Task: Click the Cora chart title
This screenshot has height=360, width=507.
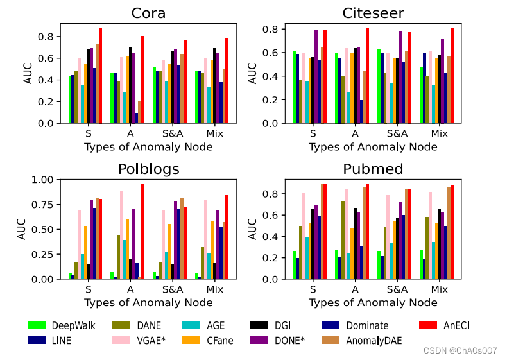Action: [x=149, y=13]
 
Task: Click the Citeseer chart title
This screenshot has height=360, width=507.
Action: [x=373, y=13]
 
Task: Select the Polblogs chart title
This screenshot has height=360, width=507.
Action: [x=149, y=169]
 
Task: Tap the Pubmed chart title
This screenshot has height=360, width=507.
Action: [x=373, y=169]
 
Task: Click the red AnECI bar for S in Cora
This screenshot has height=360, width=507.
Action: [x=100, y=76]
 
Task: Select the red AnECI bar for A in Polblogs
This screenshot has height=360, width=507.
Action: [x=142, y=231]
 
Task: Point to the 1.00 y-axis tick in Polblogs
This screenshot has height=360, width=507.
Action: [x=44, y=180]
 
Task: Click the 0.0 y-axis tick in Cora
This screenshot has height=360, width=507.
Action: [x=49, y=123]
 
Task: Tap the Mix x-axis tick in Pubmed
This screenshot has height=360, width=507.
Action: [x=439, y=289]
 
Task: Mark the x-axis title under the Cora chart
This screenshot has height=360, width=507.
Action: [x=149, y=147]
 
